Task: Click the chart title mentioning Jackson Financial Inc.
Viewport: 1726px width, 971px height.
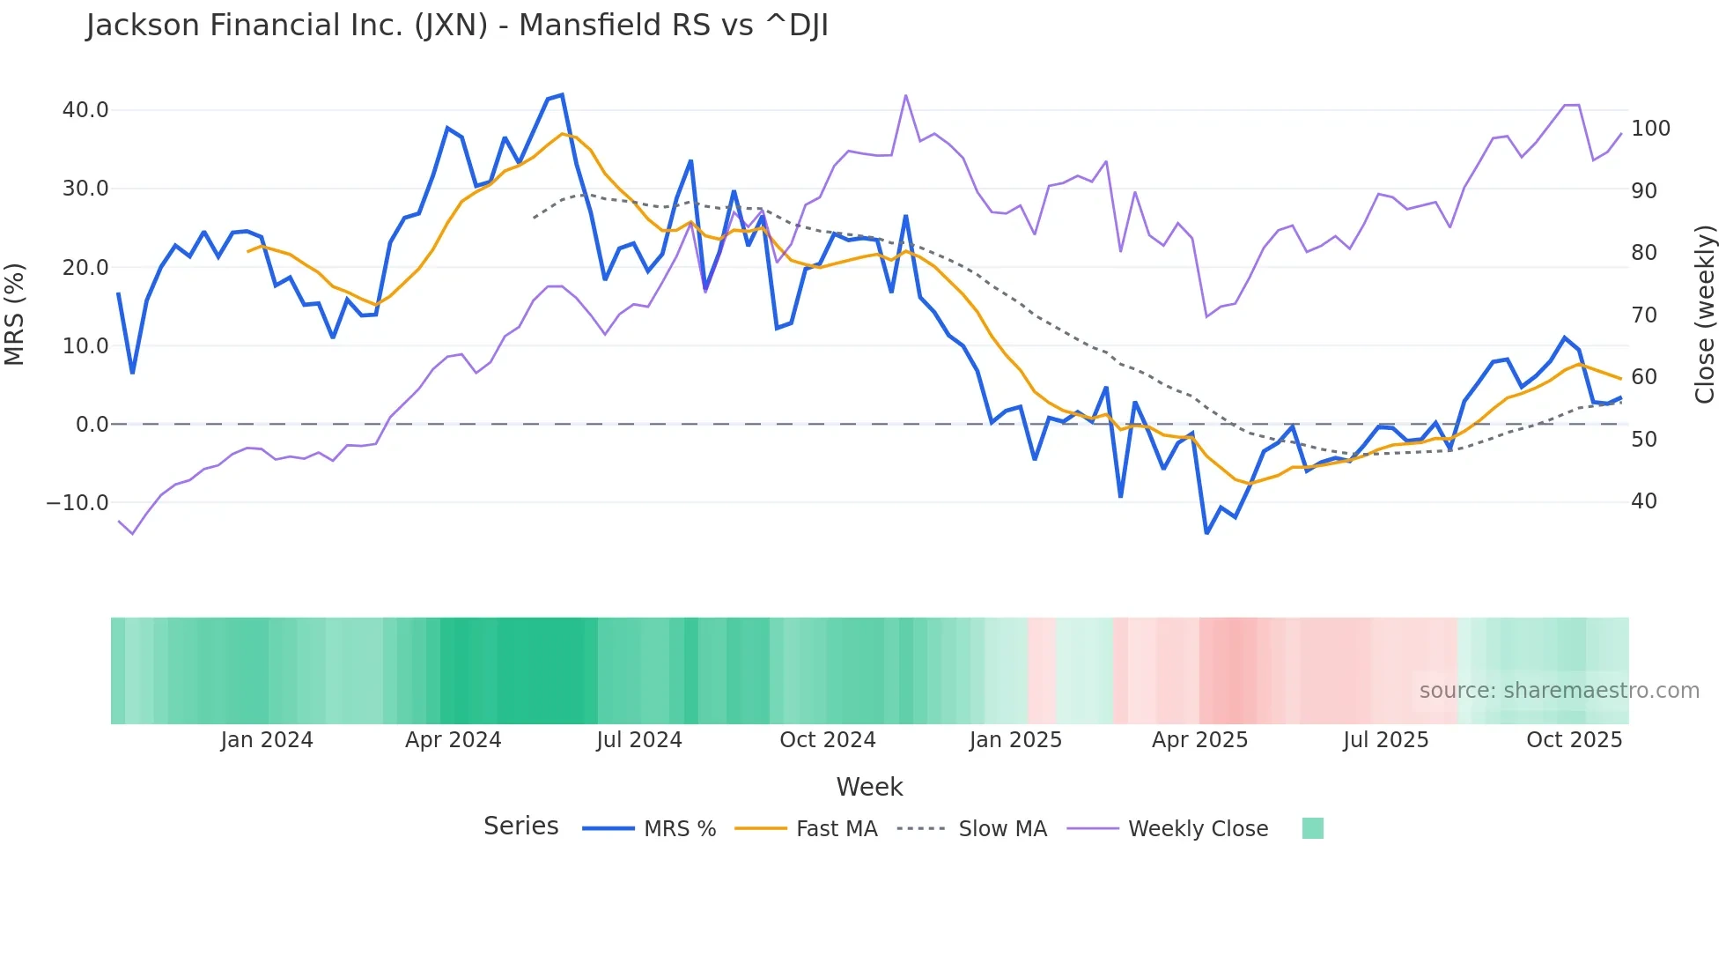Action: [457, 26]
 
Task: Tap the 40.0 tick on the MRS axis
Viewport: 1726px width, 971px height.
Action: [85, 110]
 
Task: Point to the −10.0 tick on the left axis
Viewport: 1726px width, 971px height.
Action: [78, 503]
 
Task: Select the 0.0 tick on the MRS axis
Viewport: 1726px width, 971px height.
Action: [92, 425]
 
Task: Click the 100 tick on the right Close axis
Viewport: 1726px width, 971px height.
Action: [1650, 129]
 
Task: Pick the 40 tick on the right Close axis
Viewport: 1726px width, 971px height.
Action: [1644, 501]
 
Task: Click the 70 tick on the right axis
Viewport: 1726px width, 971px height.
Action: [1644, 315]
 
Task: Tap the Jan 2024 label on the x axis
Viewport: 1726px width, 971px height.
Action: [267, 740]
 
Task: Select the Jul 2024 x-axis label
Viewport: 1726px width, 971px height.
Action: [639, 740]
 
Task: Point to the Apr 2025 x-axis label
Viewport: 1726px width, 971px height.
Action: [1199, 740]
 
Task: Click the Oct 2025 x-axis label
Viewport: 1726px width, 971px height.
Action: [1574, 740]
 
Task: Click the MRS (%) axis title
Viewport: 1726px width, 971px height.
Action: [15, 315]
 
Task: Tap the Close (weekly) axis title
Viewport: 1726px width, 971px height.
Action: [1705, 315]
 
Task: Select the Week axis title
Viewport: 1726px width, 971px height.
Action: [869, 787]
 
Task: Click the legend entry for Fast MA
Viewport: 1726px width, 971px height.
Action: [836, 829]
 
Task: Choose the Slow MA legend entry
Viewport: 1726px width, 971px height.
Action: [1002, 829]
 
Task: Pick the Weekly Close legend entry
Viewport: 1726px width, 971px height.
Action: [1198, 829]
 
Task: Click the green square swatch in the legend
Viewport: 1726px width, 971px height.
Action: [1312, 828]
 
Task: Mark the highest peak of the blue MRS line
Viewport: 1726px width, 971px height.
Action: [562, 95]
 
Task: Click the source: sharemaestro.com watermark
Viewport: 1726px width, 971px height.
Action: [1559, 691]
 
